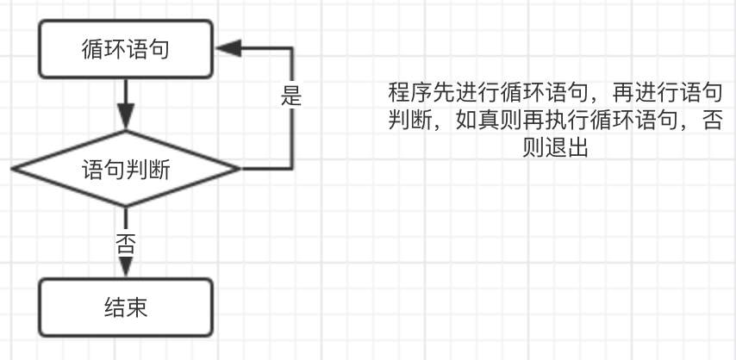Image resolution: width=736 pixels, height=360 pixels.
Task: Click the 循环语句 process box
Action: pos(126,49)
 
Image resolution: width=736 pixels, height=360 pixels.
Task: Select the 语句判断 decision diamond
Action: pos(126,169)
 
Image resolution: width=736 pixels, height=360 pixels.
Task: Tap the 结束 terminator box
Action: pos(126,307)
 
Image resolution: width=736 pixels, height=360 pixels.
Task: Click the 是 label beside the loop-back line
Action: pos(291,95)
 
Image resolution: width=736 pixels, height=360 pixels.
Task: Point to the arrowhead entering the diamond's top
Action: pos(126,120)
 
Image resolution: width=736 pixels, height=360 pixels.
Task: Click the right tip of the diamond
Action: pos(238,169)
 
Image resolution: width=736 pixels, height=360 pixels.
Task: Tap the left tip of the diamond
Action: pos(14,169)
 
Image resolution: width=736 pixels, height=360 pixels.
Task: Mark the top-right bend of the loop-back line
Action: pos(293,49)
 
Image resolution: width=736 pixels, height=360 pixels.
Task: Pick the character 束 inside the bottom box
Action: pos(137,307)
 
